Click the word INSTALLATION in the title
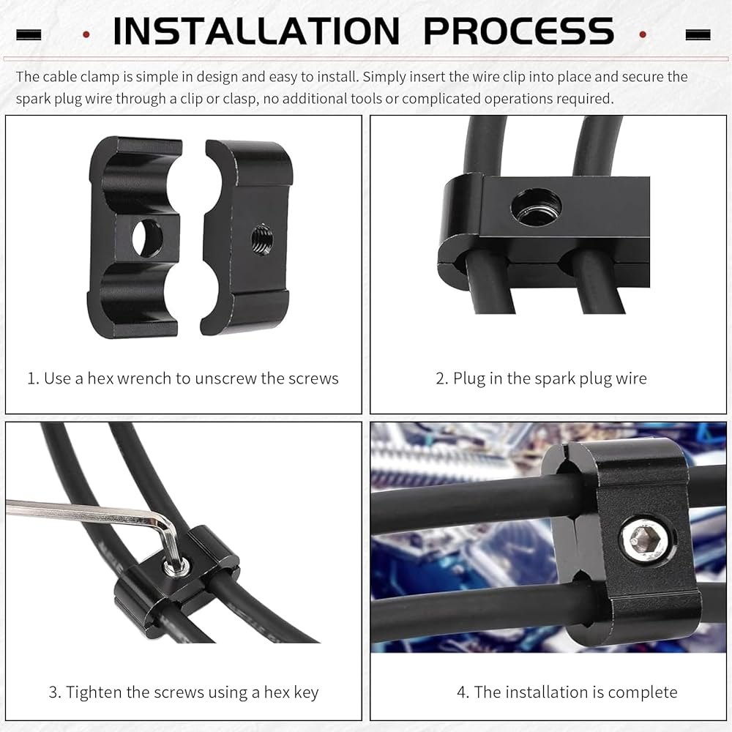[256, 31]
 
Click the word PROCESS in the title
[519, 31]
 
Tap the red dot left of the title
[86, 34]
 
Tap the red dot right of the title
[643, 34]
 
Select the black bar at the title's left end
[29, 34]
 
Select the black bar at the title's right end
[698, 34]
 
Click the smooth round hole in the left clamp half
[148, 239]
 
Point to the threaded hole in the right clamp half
[262, 239]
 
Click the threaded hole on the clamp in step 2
[537, 207]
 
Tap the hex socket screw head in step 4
[646, 539]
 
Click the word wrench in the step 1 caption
[144, 378]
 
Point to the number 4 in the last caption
[462, 692]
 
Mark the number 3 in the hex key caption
[53, 692]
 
